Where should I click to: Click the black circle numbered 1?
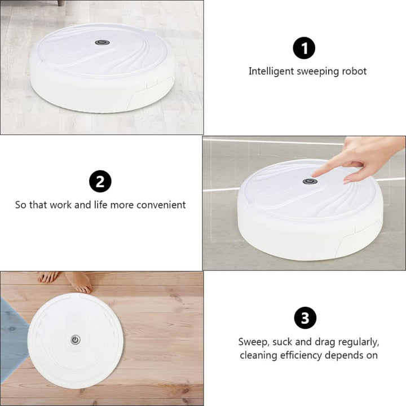tap(304, 48)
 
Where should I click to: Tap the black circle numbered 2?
tap(100, 181)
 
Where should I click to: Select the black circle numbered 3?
tap(305, 317)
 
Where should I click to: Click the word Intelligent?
tap(271, 71)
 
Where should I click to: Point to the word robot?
tap(354, 71)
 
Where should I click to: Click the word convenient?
tap(161, 205)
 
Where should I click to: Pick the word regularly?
tap(359, 342)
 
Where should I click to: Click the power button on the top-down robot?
tap(76, 339)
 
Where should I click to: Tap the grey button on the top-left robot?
tap(102, 42)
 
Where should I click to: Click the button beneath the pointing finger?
tap(310, 181)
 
